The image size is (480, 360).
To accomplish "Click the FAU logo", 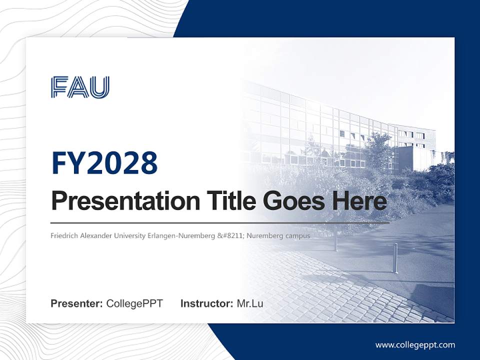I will click(x=80, y=87).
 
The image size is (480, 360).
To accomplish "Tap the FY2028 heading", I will click(x=104, y=163).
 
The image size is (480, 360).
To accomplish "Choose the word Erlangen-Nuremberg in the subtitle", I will click(x=175, y=235).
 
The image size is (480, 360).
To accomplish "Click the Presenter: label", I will click(x=77, y=303).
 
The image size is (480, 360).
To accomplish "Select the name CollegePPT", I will click(x=134, y=303).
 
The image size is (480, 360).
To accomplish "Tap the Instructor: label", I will click(x=206, y=303).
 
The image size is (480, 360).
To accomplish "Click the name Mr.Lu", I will click(x=250, y=303).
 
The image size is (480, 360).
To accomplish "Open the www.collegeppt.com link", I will click(x=415, y=345).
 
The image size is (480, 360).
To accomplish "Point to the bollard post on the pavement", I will click(x=394, y=258).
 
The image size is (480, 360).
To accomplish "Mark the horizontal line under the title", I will click(x=220, y=222).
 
